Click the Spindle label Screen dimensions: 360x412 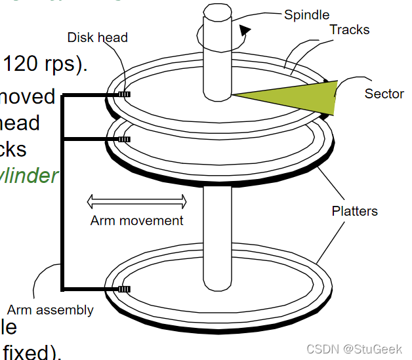(306, 14)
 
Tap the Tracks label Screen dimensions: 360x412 (349, 30)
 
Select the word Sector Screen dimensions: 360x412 (384, 94)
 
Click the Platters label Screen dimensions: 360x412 (354, 211)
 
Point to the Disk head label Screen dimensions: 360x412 (97, 37)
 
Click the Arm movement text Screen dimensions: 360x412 (136, 220)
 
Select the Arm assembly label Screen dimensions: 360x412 (50, 310)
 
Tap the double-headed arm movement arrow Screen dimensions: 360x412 (136, 201)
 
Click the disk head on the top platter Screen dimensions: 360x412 (123, 95)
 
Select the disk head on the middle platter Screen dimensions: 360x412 (123, 139)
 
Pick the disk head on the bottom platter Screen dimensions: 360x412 (123, 289)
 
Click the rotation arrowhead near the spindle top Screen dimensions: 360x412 (245, 30)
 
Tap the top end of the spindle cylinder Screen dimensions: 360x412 (216, 12)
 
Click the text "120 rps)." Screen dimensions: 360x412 (45, 64)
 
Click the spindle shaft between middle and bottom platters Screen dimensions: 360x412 (217, 223)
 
